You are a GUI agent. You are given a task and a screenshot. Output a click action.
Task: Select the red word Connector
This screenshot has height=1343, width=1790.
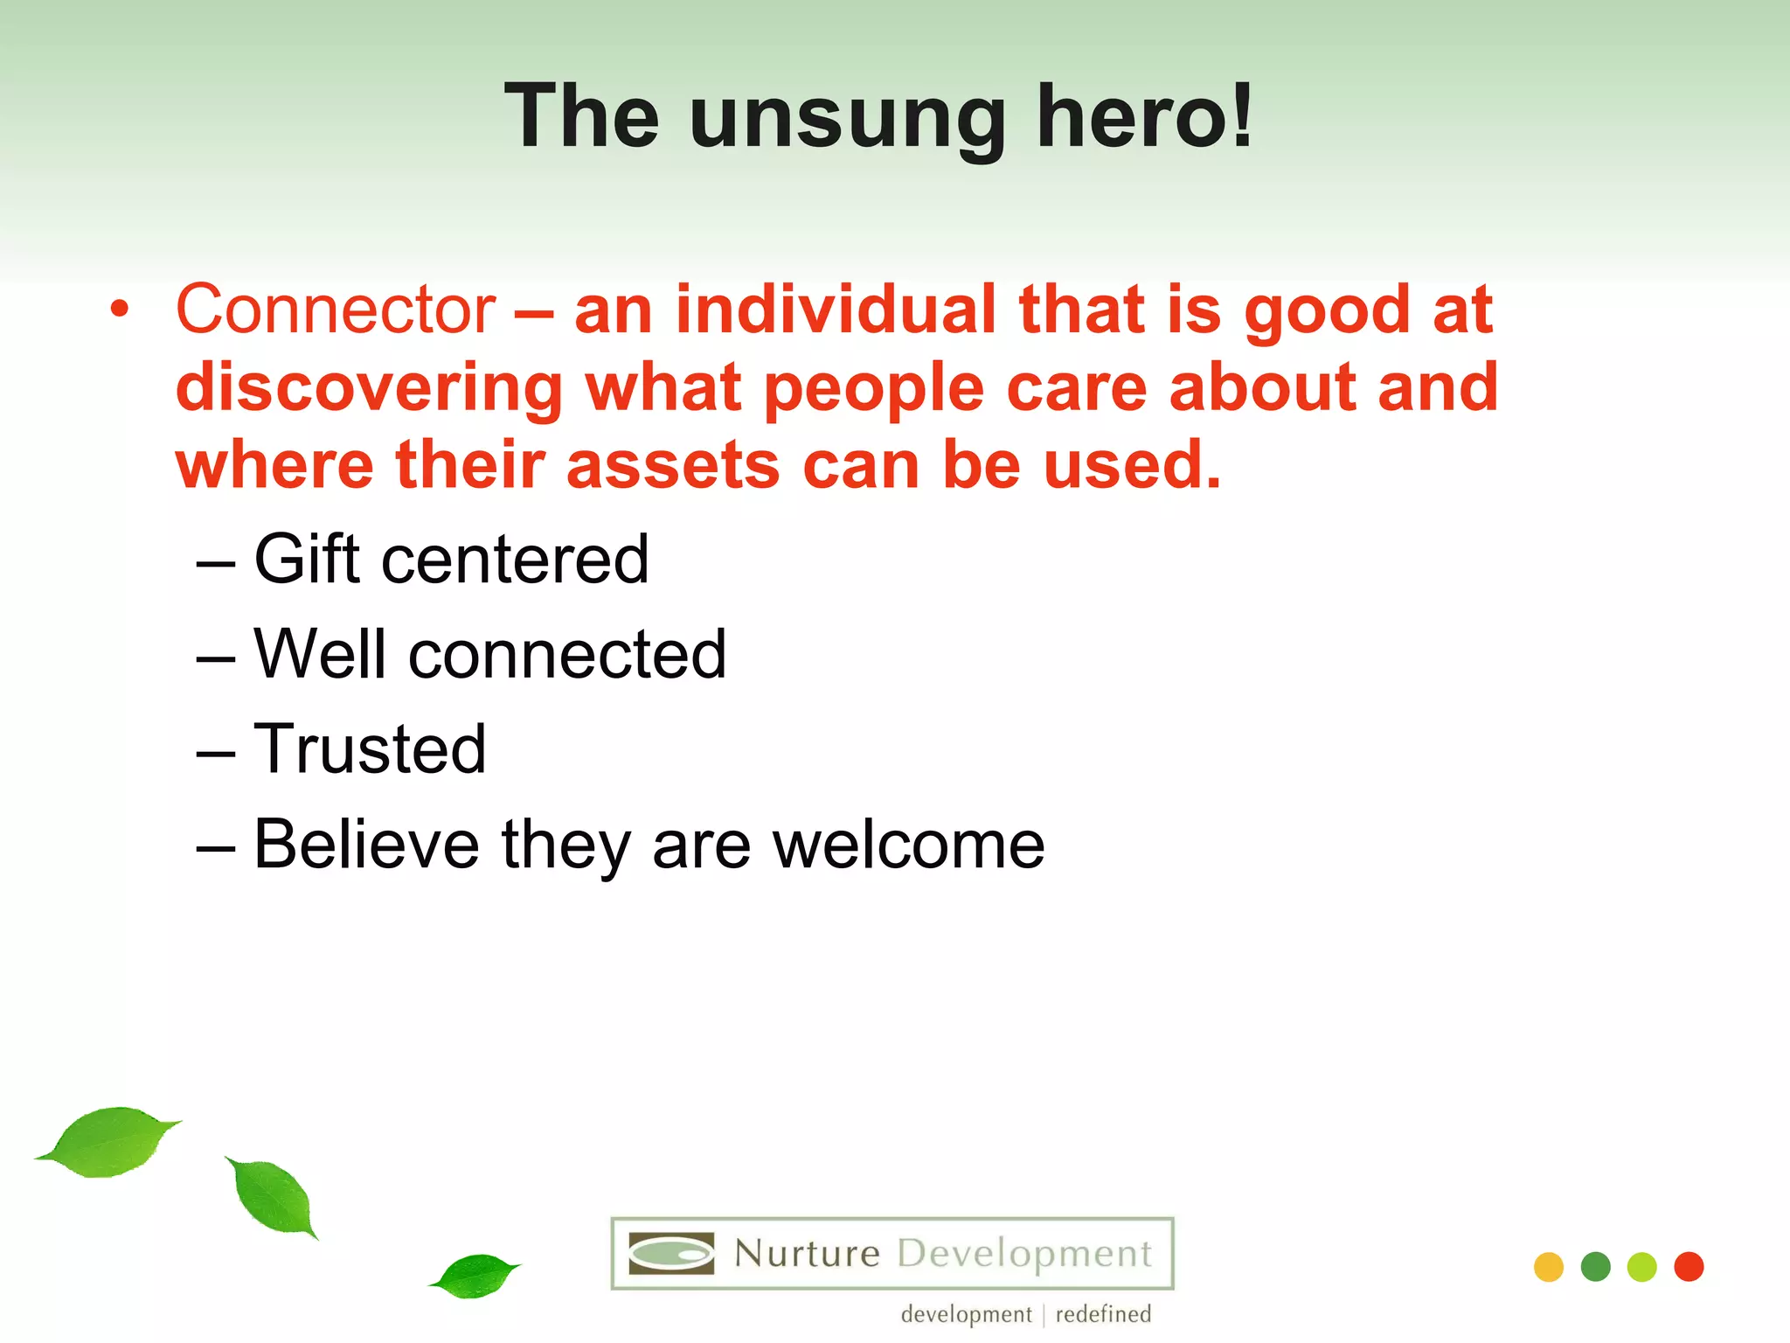(x=336, y=310)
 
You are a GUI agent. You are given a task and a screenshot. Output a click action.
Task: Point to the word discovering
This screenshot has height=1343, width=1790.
(x=369, y=388)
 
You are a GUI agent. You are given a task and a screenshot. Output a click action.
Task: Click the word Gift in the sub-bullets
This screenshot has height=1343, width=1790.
(x=307, y=560)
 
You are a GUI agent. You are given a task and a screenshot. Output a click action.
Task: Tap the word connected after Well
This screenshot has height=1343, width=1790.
(x=567, y=655)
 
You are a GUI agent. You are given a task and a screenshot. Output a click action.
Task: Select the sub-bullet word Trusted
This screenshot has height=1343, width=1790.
(x=370, y=749)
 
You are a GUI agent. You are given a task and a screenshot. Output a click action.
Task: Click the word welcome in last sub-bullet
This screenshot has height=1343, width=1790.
(x=908, y=845)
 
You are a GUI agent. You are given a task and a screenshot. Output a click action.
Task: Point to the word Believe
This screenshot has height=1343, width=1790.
(x=366, y=845)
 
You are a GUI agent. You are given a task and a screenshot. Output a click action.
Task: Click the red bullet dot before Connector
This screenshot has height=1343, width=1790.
(x=120, y=310)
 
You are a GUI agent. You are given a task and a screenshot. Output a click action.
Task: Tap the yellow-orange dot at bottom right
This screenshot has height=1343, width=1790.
(x=1549, y=1267)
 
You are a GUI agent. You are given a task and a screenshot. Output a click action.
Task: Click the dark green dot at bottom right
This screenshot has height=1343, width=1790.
(x=1595, y=1267)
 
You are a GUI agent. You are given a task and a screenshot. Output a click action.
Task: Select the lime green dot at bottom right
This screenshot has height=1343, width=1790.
(x=1642, y=1267)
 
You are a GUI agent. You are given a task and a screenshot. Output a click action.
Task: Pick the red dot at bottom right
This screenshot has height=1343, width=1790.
(x=1689, y=1267)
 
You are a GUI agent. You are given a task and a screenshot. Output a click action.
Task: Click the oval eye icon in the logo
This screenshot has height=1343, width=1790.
(x=671, y=1254)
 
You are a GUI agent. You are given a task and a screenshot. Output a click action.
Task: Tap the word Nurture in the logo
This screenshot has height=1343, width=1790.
(x=807, y=1254)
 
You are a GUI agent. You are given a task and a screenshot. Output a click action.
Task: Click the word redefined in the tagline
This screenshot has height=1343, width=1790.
(x=1103, y=1314)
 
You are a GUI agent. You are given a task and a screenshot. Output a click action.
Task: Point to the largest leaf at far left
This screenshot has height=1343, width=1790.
(x=109, y=1141)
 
